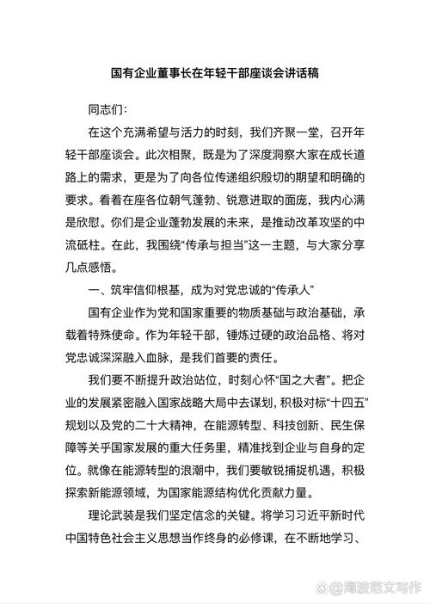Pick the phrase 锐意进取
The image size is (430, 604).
pyautogui.click(x=256, y=200)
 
